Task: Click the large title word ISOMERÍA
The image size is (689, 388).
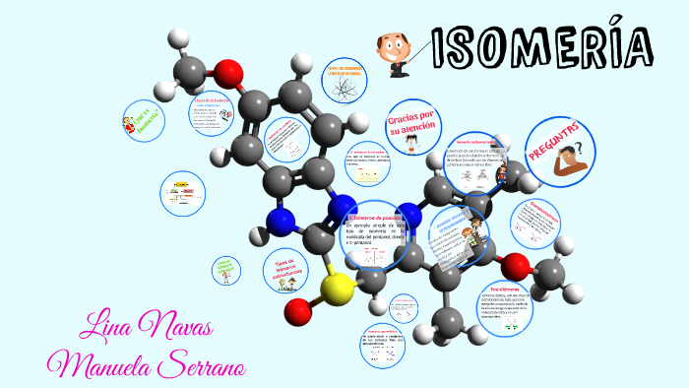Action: point(540,46)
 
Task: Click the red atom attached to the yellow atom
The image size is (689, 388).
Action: point(298,312)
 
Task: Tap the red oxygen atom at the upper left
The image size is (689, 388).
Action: point(228,71)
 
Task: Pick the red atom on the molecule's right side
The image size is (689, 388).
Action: point(514,265)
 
